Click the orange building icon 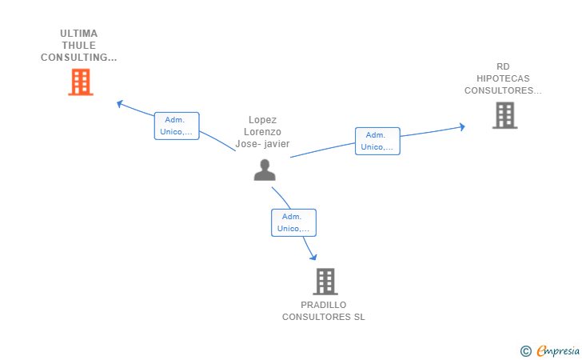point(81,82)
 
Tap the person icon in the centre point(265,170)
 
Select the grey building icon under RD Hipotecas point(504,115)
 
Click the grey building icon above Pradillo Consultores point(325,282)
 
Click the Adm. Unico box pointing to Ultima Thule point(177,126)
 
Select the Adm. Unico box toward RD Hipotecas point(377,141)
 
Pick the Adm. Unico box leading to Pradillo point(293,222)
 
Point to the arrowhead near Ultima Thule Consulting point(120,104)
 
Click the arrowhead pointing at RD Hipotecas point(462,127)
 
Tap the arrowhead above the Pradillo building point(314,257)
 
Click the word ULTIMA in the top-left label point(78,34)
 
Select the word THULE point(78,46)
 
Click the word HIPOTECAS point(503,78)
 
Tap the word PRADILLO point(323,305)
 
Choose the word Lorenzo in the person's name point(262,132)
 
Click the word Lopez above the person point(262,120)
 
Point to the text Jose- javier point(262,144)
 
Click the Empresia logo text point(558,350)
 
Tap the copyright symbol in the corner point(525,351)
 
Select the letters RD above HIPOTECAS point(503,66)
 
